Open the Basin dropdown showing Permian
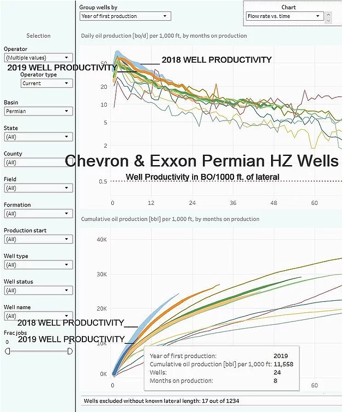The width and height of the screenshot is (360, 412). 38,111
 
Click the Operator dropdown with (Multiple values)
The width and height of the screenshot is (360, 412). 38,57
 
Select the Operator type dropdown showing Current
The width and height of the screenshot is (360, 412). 47,83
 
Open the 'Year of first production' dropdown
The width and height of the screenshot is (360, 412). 125,16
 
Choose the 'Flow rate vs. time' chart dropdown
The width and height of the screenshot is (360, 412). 284,16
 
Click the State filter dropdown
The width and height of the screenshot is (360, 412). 38,137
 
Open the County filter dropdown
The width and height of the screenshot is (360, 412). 38,162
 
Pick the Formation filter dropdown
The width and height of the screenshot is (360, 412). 38,214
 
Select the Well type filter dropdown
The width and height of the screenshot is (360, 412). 38,265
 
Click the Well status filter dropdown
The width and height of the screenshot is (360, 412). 38,290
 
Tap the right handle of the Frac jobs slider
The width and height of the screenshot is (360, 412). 70,352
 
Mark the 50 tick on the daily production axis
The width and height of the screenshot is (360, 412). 104,64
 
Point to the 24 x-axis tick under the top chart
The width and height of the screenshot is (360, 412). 193,203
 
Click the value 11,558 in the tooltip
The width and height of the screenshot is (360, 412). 283,364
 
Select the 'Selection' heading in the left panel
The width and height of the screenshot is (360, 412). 38,36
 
